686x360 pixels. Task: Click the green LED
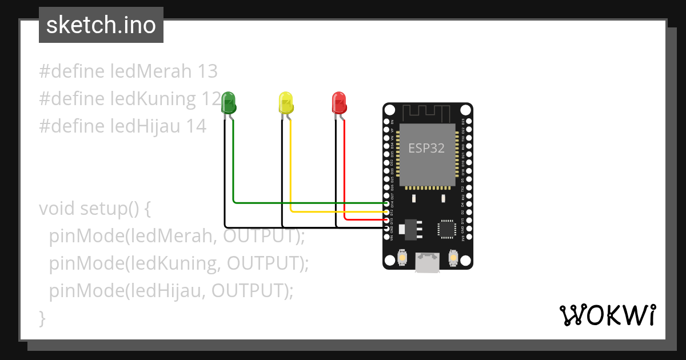click(229, 103)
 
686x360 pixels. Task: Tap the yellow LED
click(285, 103)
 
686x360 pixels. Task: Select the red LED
click(339, 103)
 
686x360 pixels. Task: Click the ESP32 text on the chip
click(426, 148)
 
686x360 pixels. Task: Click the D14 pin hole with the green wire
click(387, 203)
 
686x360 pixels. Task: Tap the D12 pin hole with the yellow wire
click(387, 212)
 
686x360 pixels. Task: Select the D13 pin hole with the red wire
click(387, 220)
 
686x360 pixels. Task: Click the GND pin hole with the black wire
click(387, 228)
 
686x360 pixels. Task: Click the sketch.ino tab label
click(101, 25)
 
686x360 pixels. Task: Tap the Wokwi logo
click(607, 315)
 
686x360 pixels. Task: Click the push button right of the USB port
click(453, 258)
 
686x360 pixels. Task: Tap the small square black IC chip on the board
click(446, 229)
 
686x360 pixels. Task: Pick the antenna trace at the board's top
click(426, 112)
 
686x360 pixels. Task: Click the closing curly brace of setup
click(42, 318)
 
